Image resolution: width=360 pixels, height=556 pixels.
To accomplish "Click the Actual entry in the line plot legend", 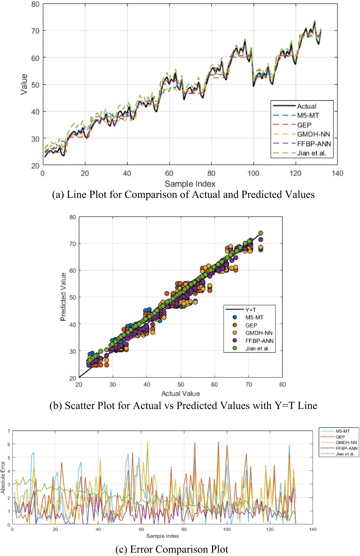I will pyautogui.click(x=306, y=106).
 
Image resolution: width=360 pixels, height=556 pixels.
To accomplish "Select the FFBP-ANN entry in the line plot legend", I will pyautogui.click(x=314, y=144).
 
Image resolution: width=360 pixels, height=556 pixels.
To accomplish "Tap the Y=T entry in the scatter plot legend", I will pyautogui.click(x=250, y=310).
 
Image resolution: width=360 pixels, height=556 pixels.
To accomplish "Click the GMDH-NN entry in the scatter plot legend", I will pyautogui.click(x=259, y=333).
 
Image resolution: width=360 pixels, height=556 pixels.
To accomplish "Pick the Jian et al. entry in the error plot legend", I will pyautogui.click(x=345, y=454).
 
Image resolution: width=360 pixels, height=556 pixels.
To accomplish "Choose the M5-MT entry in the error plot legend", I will pyautogui.click(x=343, y=431).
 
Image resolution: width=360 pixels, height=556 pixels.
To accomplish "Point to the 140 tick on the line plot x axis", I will pyautogui.click(x=337, y=173).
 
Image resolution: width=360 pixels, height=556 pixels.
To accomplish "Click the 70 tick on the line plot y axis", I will pyautogui.click(x=35, y=31).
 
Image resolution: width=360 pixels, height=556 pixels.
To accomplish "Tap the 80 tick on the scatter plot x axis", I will pyautogui.click(x=282, y=384).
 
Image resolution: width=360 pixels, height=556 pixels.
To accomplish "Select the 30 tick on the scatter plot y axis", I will pyautogui.click(x=73, y=351).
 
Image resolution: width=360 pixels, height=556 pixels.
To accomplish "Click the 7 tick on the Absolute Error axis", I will pyautogui.click(x=9, y=431).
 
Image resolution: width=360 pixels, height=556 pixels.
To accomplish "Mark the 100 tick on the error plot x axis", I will pyautogui.click(x=227, y=529).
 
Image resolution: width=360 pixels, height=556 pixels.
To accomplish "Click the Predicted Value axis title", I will pyautogui.click(x=63, y=297).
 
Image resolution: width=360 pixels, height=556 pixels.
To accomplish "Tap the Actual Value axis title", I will pyautogui.click(x=181, y=393).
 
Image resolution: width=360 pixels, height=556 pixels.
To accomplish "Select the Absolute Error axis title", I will pyautogui.click(x=3, y=477).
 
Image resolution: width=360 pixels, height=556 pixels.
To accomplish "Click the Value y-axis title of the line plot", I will pyautogui.click(x=24, y=84).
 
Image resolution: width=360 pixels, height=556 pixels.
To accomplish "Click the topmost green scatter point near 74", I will pyautogui.click(x=261, y=233).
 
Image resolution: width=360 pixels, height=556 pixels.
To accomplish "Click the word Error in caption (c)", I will pyautogui.click(x=142, y=549).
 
